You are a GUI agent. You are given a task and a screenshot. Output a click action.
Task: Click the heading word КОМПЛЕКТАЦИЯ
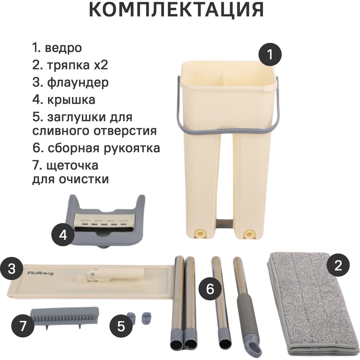[x=176, y=9]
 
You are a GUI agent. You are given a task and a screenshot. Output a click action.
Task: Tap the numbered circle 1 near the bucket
[x=270, y=55]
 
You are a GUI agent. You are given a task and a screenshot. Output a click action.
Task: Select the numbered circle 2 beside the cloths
[x=338, y=266]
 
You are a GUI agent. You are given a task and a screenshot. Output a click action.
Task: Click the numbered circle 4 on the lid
[x=63, y=235]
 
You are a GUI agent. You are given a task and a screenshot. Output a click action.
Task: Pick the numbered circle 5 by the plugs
[x=121, y=326]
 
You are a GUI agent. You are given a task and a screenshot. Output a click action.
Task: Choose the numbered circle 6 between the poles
[x=210, y=289]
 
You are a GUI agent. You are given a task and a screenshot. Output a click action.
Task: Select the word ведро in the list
[x=63, y=48]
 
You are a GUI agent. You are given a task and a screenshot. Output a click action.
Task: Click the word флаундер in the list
[x=78, y=83]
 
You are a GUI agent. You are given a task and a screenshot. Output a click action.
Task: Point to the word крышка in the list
[x=71, y=100]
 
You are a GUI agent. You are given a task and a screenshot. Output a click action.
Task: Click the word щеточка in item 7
[x=72, y=166]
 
